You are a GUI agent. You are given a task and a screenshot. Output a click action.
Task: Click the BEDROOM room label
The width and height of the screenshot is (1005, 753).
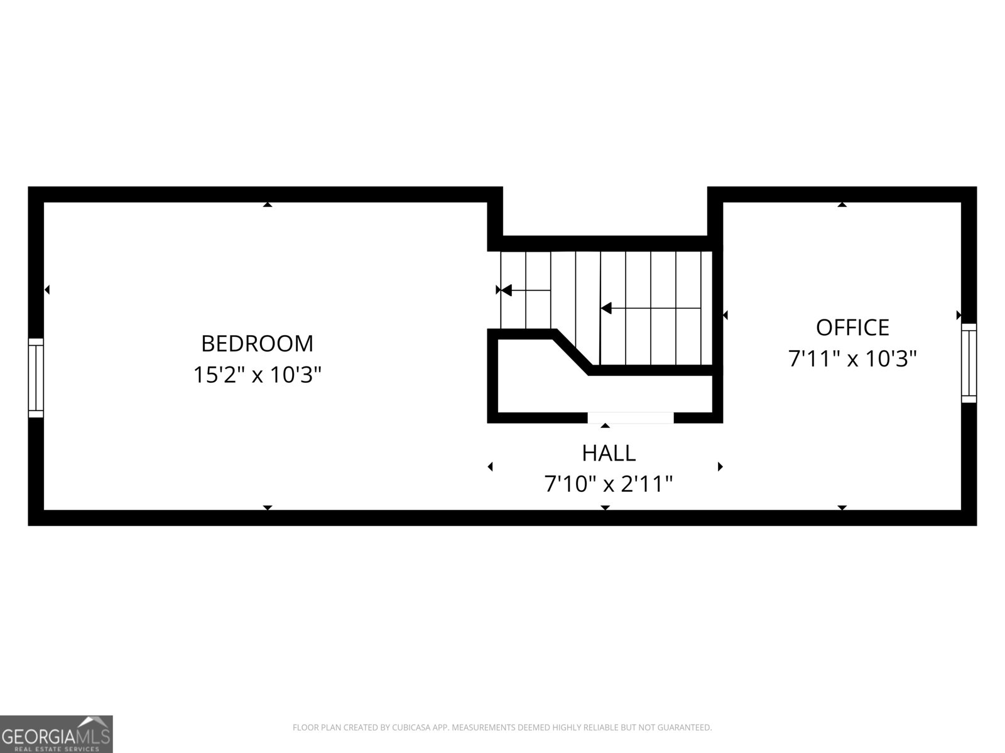257,344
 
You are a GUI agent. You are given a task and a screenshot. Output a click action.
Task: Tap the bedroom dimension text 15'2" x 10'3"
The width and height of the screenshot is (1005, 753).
258,375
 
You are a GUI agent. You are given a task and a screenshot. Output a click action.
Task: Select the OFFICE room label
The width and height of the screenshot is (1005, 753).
852,328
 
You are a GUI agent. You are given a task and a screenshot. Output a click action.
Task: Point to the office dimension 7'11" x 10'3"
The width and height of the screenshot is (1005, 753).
852,358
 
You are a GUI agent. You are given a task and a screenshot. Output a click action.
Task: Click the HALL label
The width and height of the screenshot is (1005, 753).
609,453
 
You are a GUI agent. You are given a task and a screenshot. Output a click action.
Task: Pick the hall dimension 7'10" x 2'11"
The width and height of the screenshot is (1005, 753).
609,484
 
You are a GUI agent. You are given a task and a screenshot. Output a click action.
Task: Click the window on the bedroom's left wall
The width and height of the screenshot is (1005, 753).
36,378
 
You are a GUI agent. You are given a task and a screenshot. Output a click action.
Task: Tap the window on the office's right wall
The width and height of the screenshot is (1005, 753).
969,363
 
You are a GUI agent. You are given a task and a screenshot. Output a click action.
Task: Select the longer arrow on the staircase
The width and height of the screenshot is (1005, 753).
651,308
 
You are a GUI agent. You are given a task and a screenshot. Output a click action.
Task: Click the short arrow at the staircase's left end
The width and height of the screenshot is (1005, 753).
526,290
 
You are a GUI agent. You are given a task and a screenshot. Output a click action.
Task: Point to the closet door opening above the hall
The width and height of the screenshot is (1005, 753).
631,418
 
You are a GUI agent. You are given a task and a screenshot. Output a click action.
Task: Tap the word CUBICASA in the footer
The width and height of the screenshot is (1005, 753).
411,727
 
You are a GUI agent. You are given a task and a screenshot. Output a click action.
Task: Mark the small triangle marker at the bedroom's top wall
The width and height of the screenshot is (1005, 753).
268,205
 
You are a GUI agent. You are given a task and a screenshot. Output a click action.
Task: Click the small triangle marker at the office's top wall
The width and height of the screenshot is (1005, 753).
842,205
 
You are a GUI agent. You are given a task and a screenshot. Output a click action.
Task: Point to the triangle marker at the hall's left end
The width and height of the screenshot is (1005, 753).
491,467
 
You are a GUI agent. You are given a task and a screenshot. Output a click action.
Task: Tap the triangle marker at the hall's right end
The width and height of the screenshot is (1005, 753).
720,467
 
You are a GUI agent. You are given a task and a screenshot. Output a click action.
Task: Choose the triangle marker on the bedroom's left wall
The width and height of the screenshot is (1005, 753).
46,289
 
